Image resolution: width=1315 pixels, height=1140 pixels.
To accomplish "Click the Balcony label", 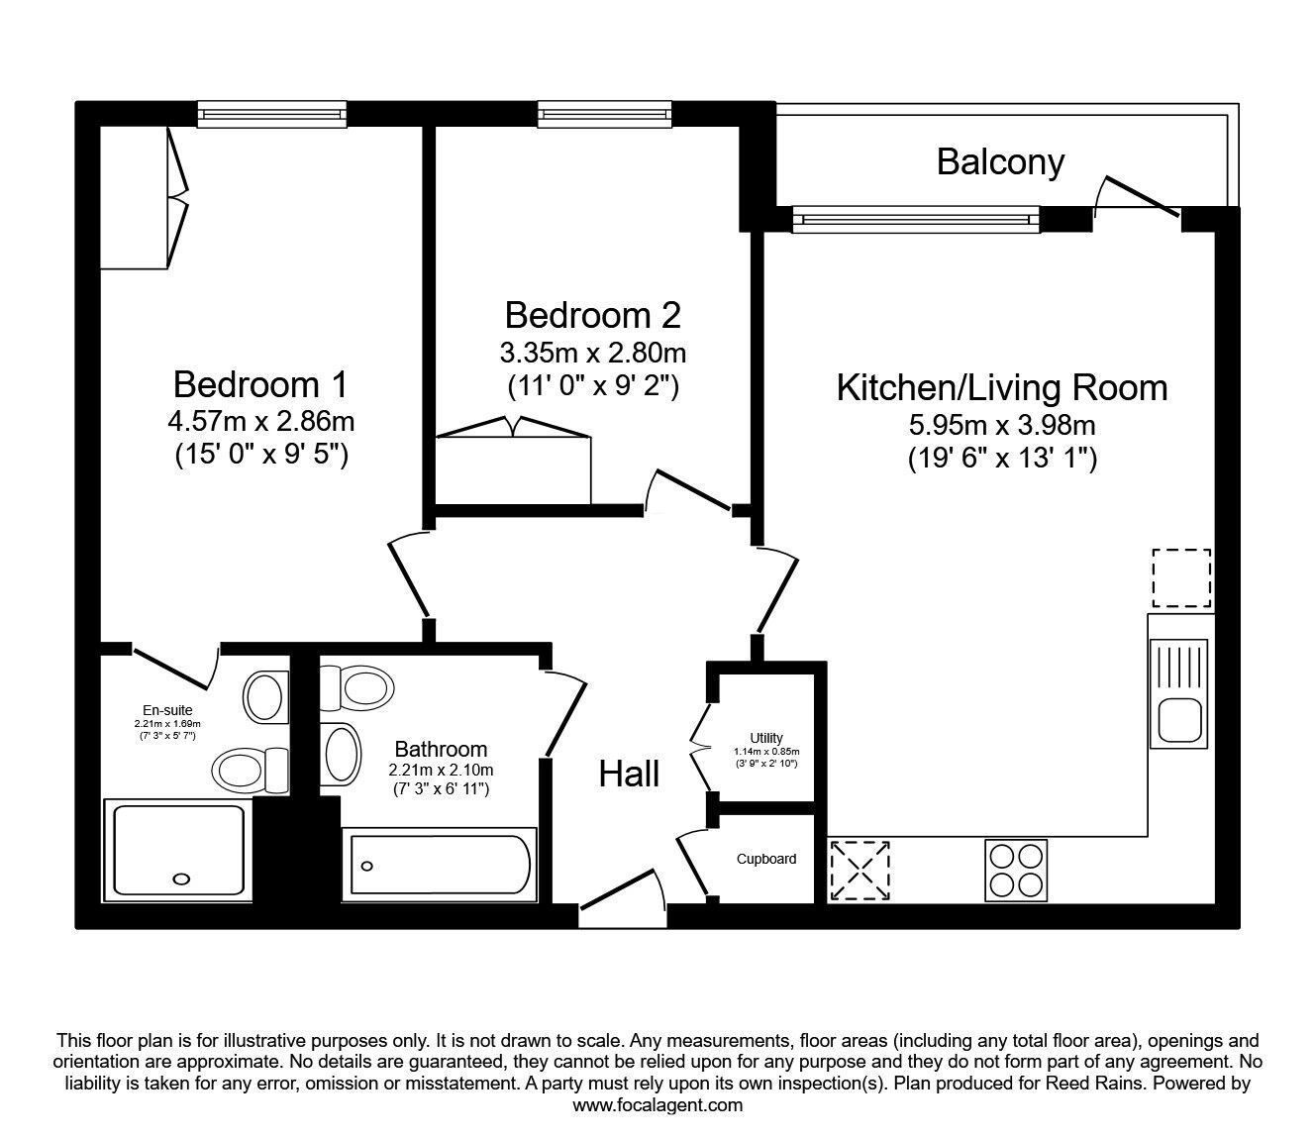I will tap(1000, 161).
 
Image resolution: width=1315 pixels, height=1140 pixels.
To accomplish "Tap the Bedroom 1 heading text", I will tap(260, 384).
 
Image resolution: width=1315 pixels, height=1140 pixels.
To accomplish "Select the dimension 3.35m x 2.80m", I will tap(592, 353).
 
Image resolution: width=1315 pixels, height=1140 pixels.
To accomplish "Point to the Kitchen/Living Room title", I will tap(1002, 387).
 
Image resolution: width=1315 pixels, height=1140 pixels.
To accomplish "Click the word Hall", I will tap(629, 775).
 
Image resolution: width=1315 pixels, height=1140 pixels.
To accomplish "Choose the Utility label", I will tap(766, 738).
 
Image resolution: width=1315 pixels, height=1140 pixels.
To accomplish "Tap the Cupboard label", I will tap(766, 859).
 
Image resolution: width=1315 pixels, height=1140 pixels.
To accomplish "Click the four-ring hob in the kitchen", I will tap(1016, 871).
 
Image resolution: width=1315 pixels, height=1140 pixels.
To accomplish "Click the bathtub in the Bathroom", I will tap(439, 867).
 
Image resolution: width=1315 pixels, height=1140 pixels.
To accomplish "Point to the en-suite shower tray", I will tap(178, 852).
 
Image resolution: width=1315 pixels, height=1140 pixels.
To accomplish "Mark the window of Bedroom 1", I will tap(271, 115).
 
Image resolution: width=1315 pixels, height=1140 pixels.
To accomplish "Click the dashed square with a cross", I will tap(859, 871).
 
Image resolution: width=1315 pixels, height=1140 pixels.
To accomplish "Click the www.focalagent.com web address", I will tap(657, 1105).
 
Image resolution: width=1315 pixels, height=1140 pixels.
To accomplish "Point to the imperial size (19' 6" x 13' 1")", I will tap(1002, 460).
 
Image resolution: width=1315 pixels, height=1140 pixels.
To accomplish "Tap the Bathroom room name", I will tap(441, 750).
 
